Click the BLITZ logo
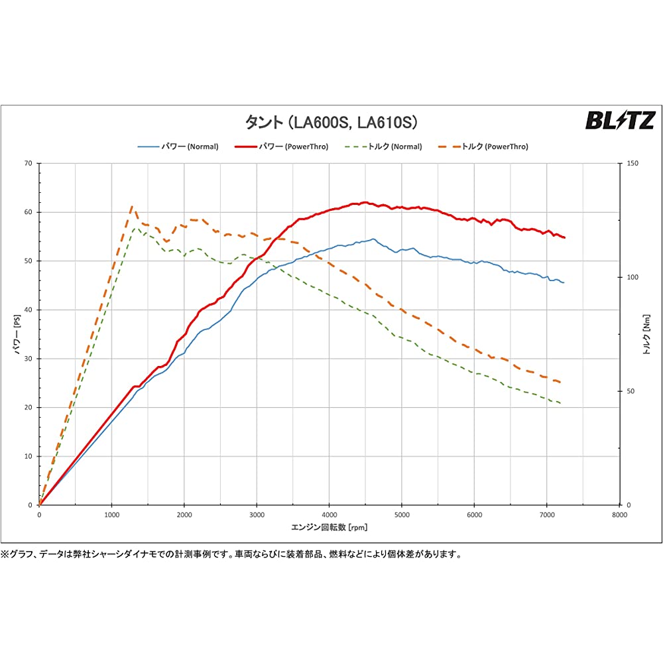[619, 120]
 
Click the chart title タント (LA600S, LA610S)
[331, 122]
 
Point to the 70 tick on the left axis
[29, 163]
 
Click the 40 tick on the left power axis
[29, 310]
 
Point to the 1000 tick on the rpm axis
[111, 514]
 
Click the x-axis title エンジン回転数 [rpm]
[329, 528]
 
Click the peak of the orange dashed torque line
[132, 207]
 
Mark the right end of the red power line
[564, 237]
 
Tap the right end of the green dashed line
[562, 403]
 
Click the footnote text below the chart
[231, 554]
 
